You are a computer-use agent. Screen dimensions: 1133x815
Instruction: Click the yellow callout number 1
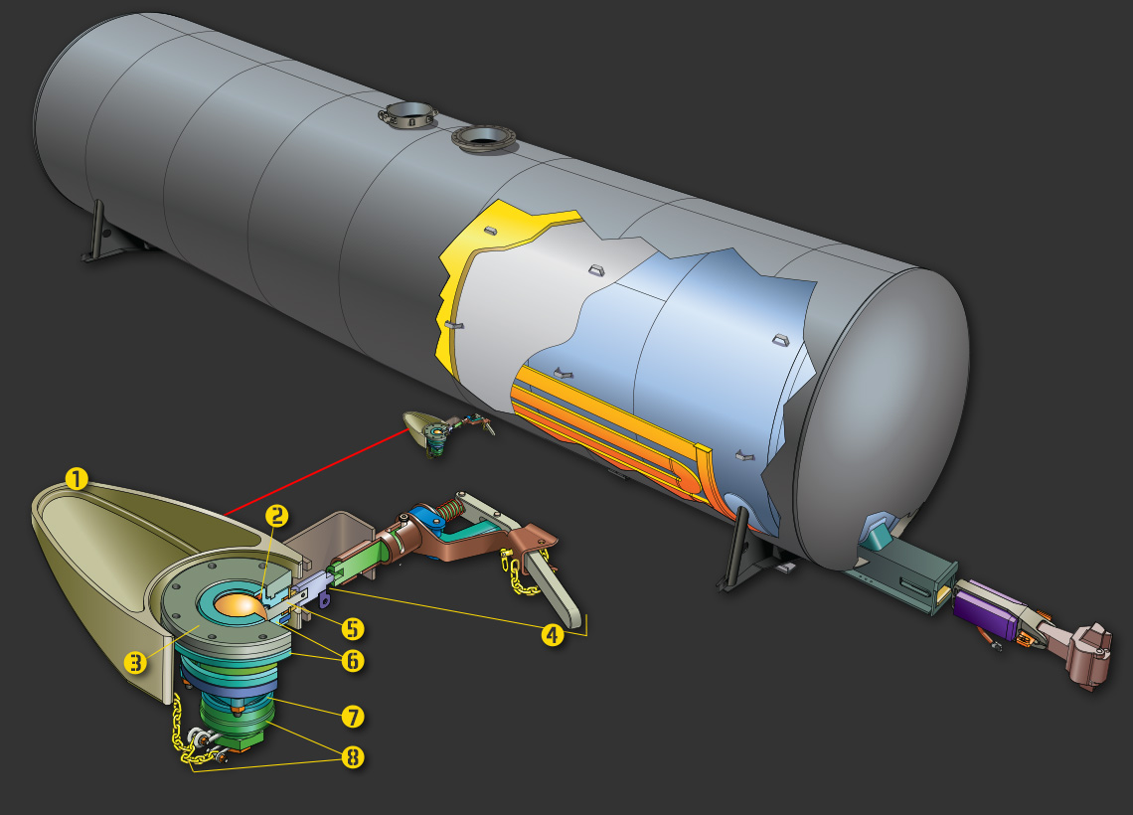tap(77, 479)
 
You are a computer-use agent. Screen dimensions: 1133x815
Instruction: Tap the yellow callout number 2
tap(276, 516)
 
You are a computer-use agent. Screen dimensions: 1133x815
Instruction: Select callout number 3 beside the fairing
tap(135, 662)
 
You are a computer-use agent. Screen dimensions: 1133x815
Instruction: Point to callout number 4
tap(553, 635)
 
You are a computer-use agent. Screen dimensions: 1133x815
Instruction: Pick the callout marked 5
tap(353, 628)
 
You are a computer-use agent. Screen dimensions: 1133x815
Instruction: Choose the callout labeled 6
tap(353, 660)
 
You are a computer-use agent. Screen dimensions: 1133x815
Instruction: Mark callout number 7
tap(353, 717)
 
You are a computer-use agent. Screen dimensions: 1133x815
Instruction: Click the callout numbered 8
tap(353, 757)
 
